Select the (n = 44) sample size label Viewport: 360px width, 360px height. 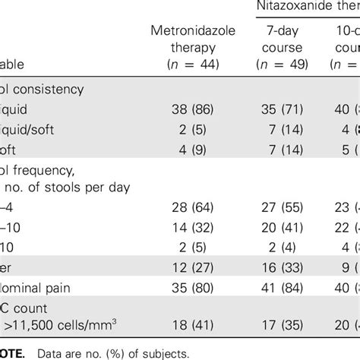(186, 64)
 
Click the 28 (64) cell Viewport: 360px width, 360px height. (186, 207)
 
